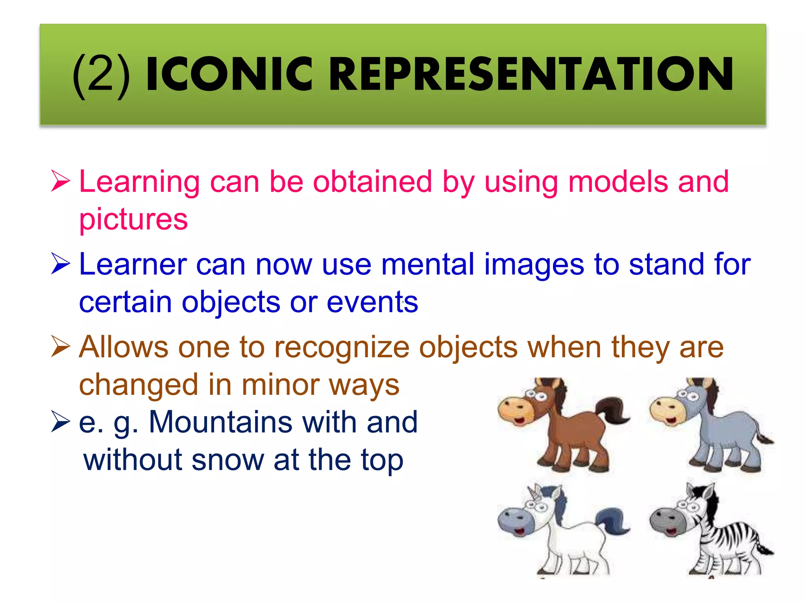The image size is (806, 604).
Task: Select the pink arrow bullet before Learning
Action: [60, 181]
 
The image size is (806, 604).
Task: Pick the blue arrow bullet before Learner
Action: [60, 264]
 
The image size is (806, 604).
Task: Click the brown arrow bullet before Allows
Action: [60, 347]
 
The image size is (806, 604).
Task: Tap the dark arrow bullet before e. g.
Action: [60, 422]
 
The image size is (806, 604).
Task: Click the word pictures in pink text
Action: [133, 219]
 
